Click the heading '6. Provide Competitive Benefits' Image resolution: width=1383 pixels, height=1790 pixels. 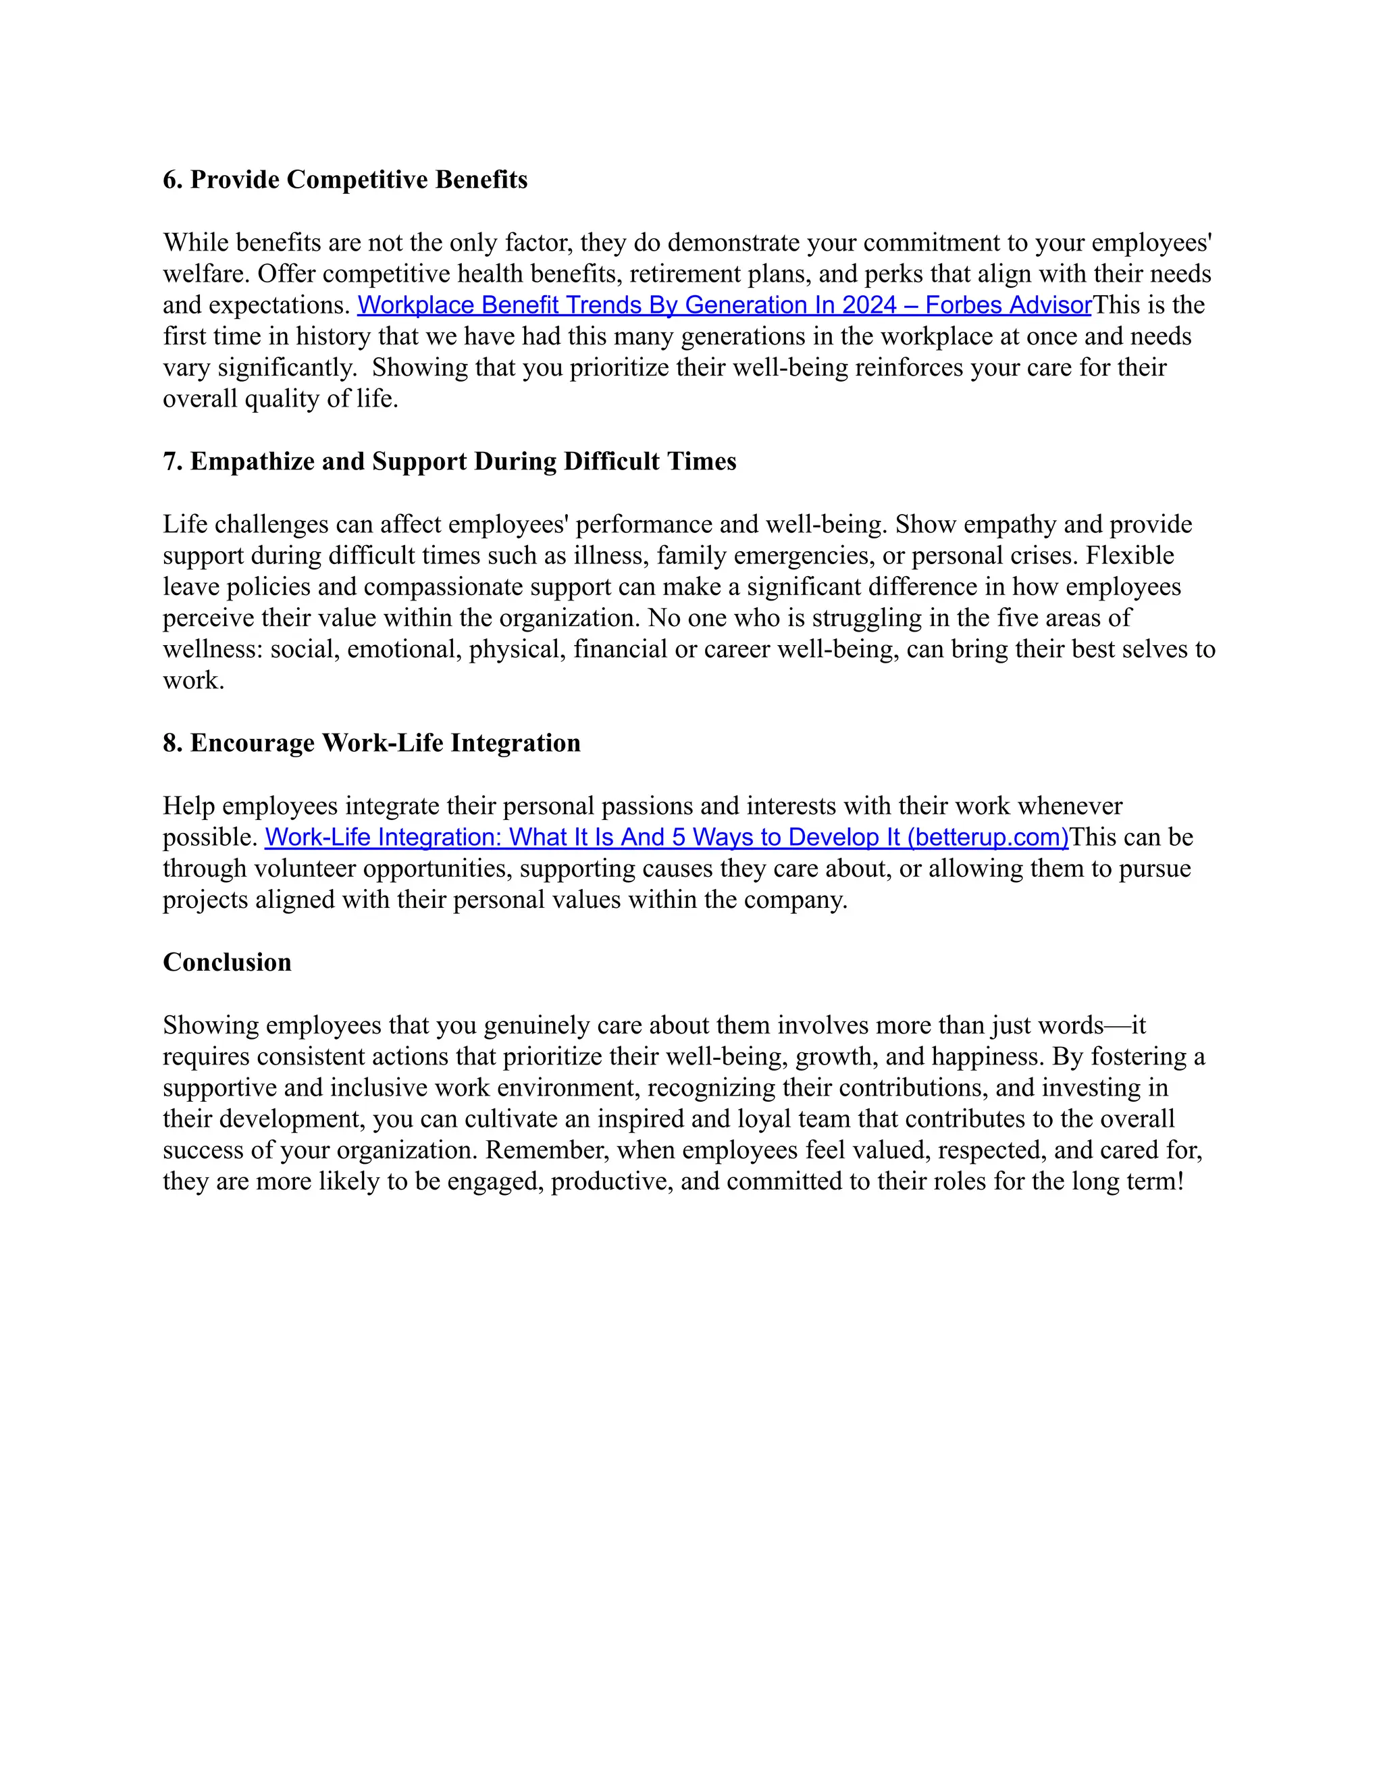(345, 180)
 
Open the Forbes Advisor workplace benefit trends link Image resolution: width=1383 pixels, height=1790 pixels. (725, 305)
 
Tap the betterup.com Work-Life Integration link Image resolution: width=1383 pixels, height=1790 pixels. (666, 837)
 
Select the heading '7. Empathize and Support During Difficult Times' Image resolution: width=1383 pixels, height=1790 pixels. (449, 461)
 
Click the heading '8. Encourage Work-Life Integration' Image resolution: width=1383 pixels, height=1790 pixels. (371, 742)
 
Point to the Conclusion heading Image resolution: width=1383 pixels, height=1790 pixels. (227, 962)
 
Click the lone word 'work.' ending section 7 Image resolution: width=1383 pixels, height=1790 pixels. (193, 680)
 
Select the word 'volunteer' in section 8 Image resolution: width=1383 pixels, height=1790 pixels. (306, 868)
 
